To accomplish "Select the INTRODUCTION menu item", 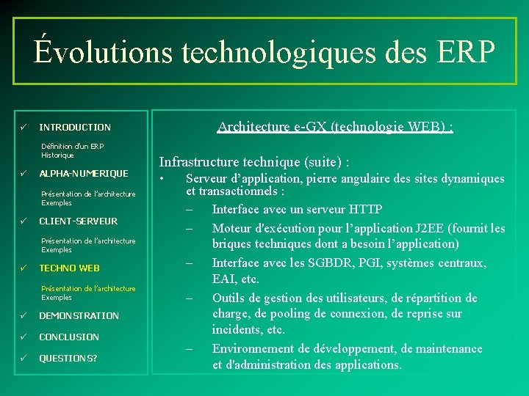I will click(75, 127).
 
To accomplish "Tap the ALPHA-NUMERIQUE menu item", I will click(83, 174).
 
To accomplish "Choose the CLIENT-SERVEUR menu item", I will click(78, 221).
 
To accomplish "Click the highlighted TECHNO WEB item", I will click(69, 268).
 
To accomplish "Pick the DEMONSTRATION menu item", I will click(79, 316).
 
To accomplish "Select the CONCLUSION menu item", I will click(69, 337).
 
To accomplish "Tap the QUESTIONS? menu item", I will click(68, 359).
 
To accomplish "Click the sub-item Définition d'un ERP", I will click(73, 147).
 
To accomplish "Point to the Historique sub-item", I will click(58, 155).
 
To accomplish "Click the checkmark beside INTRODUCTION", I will click(24, 127).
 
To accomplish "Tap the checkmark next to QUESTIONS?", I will click(24, 359).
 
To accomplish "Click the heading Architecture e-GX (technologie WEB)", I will click(335, 127).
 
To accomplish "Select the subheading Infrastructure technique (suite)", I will click(254, 161).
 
